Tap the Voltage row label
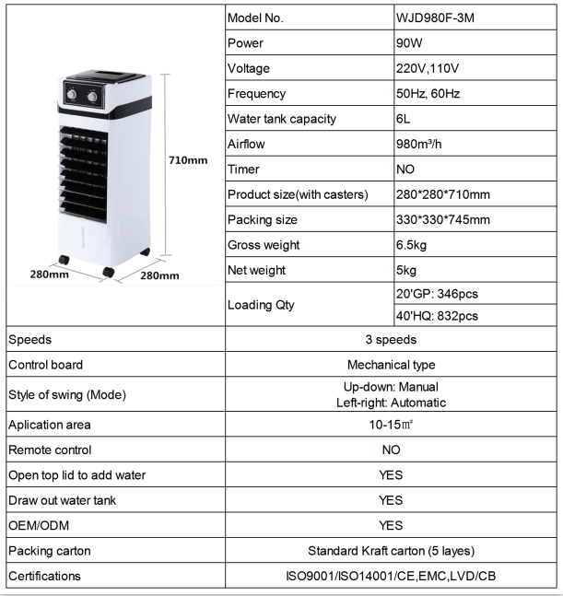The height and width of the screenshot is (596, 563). point(249,69)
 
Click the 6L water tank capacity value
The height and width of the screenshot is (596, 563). point(402,119)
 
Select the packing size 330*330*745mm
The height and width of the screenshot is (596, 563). point(441,220)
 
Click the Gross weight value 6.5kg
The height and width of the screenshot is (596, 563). point(411,245)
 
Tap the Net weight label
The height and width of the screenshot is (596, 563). point(257,270)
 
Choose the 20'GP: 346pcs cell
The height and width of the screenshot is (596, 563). point(436,294)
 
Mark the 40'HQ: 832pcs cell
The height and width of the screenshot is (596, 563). point(436,316)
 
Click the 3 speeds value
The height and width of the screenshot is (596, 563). point(391,340)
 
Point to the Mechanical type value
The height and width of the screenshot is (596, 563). point(391,365)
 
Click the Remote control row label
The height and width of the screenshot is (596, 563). point(50,450)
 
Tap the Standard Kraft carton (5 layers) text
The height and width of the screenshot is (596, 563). point(391,551)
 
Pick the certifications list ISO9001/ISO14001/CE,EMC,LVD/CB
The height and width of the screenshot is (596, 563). point(391,577)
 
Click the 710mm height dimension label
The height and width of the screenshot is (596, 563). point(188,160)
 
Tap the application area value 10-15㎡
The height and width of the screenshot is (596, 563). point(391,425)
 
